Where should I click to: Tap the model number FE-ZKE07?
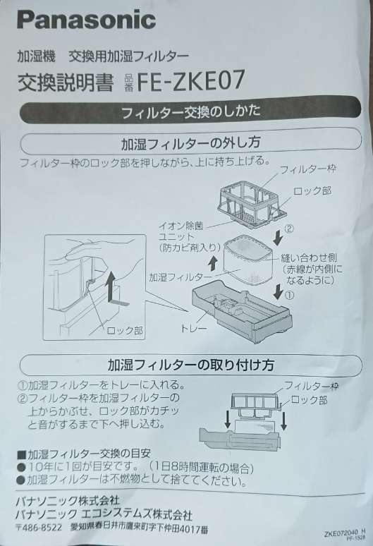190,80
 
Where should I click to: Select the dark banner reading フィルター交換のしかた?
190,111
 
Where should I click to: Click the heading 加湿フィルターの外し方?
190,142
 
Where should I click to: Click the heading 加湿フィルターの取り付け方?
190,365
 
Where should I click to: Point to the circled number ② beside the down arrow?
290,229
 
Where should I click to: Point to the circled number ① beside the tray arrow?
290,296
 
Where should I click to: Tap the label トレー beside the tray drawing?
193,327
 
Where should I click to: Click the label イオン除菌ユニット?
181,231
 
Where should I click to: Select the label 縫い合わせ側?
309,258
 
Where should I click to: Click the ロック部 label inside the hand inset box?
124,330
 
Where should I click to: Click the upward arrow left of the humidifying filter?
213,264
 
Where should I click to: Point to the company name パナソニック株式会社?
68,501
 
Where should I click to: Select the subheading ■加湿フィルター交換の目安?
84,454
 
